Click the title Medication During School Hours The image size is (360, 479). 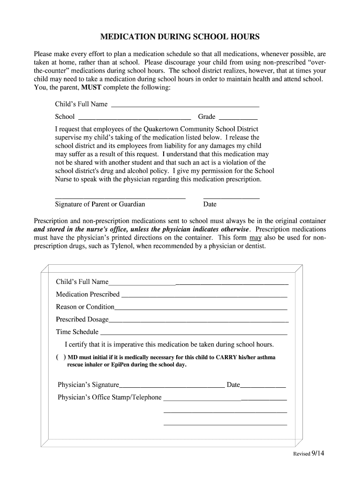tap(180, 36)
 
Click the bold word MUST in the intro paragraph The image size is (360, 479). tap(91, 87)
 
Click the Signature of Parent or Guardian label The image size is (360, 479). tap(100, 204)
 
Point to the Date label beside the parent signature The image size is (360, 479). tap(210, 204)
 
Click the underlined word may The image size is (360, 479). tap(256, 238)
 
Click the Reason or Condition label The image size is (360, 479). tap(85, 307)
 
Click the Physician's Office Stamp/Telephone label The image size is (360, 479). tap(109, 398)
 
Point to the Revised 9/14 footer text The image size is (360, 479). tap(309, 453)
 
